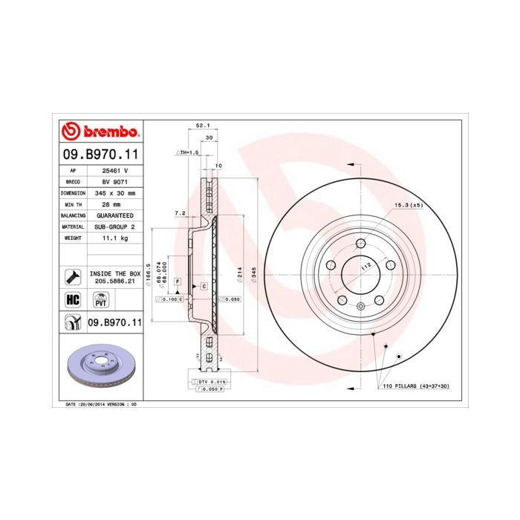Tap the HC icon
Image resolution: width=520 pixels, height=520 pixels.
73,299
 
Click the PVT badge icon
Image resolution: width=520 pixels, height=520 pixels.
100,299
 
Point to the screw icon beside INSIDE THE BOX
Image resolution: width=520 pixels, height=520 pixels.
73,277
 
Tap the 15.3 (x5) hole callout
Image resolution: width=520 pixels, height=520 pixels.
408,205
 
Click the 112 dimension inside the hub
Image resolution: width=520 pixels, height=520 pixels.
365,266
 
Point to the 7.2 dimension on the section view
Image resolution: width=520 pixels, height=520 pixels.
179,213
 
